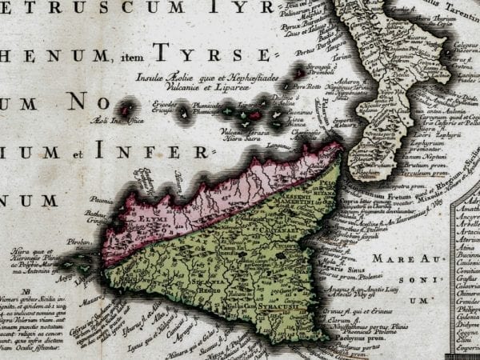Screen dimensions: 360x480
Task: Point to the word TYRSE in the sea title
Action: click(x=213, y=54)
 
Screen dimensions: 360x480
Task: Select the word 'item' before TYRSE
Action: click(x=131, y=57)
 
